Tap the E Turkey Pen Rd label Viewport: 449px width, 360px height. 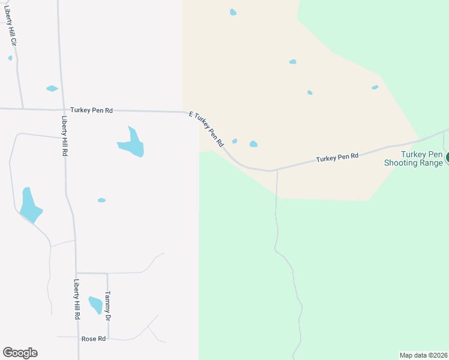[206, 128]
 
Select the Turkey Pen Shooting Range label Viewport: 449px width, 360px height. [414, 158]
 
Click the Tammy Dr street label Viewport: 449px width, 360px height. [107, 305]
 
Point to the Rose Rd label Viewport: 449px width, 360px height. [93, 339]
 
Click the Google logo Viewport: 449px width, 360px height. [20, 353]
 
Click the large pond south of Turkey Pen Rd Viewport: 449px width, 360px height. [133, 144]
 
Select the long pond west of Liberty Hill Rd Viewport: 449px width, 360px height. [29, 206]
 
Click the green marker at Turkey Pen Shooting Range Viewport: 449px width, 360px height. [447, 158]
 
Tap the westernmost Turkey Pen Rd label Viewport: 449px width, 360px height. [91, 110]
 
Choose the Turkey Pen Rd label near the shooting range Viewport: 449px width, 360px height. [337, 157]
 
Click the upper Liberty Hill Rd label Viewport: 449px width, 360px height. [64, 136]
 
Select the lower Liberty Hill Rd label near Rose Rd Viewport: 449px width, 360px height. [77, 299]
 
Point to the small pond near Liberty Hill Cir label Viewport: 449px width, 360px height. [10, 58]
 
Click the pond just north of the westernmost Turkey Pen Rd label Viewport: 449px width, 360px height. [52, 89]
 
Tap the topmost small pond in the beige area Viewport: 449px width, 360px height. [233, 12]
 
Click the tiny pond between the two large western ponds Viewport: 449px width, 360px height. [101, 200]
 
